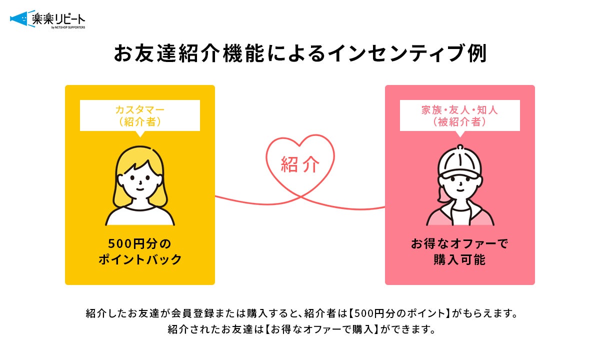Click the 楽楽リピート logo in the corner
[x=47, y=20]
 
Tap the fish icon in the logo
[x=19, y=19]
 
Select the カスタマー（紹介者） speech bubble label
[x=140, y=115]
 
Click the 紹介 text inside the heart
[x=300, y=164]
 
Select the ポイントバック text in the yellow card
[x=139, y=260]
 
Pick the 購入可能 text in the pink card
[x=459, y=260]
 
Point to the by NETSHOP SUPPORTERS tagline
[x=68, y=27]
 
